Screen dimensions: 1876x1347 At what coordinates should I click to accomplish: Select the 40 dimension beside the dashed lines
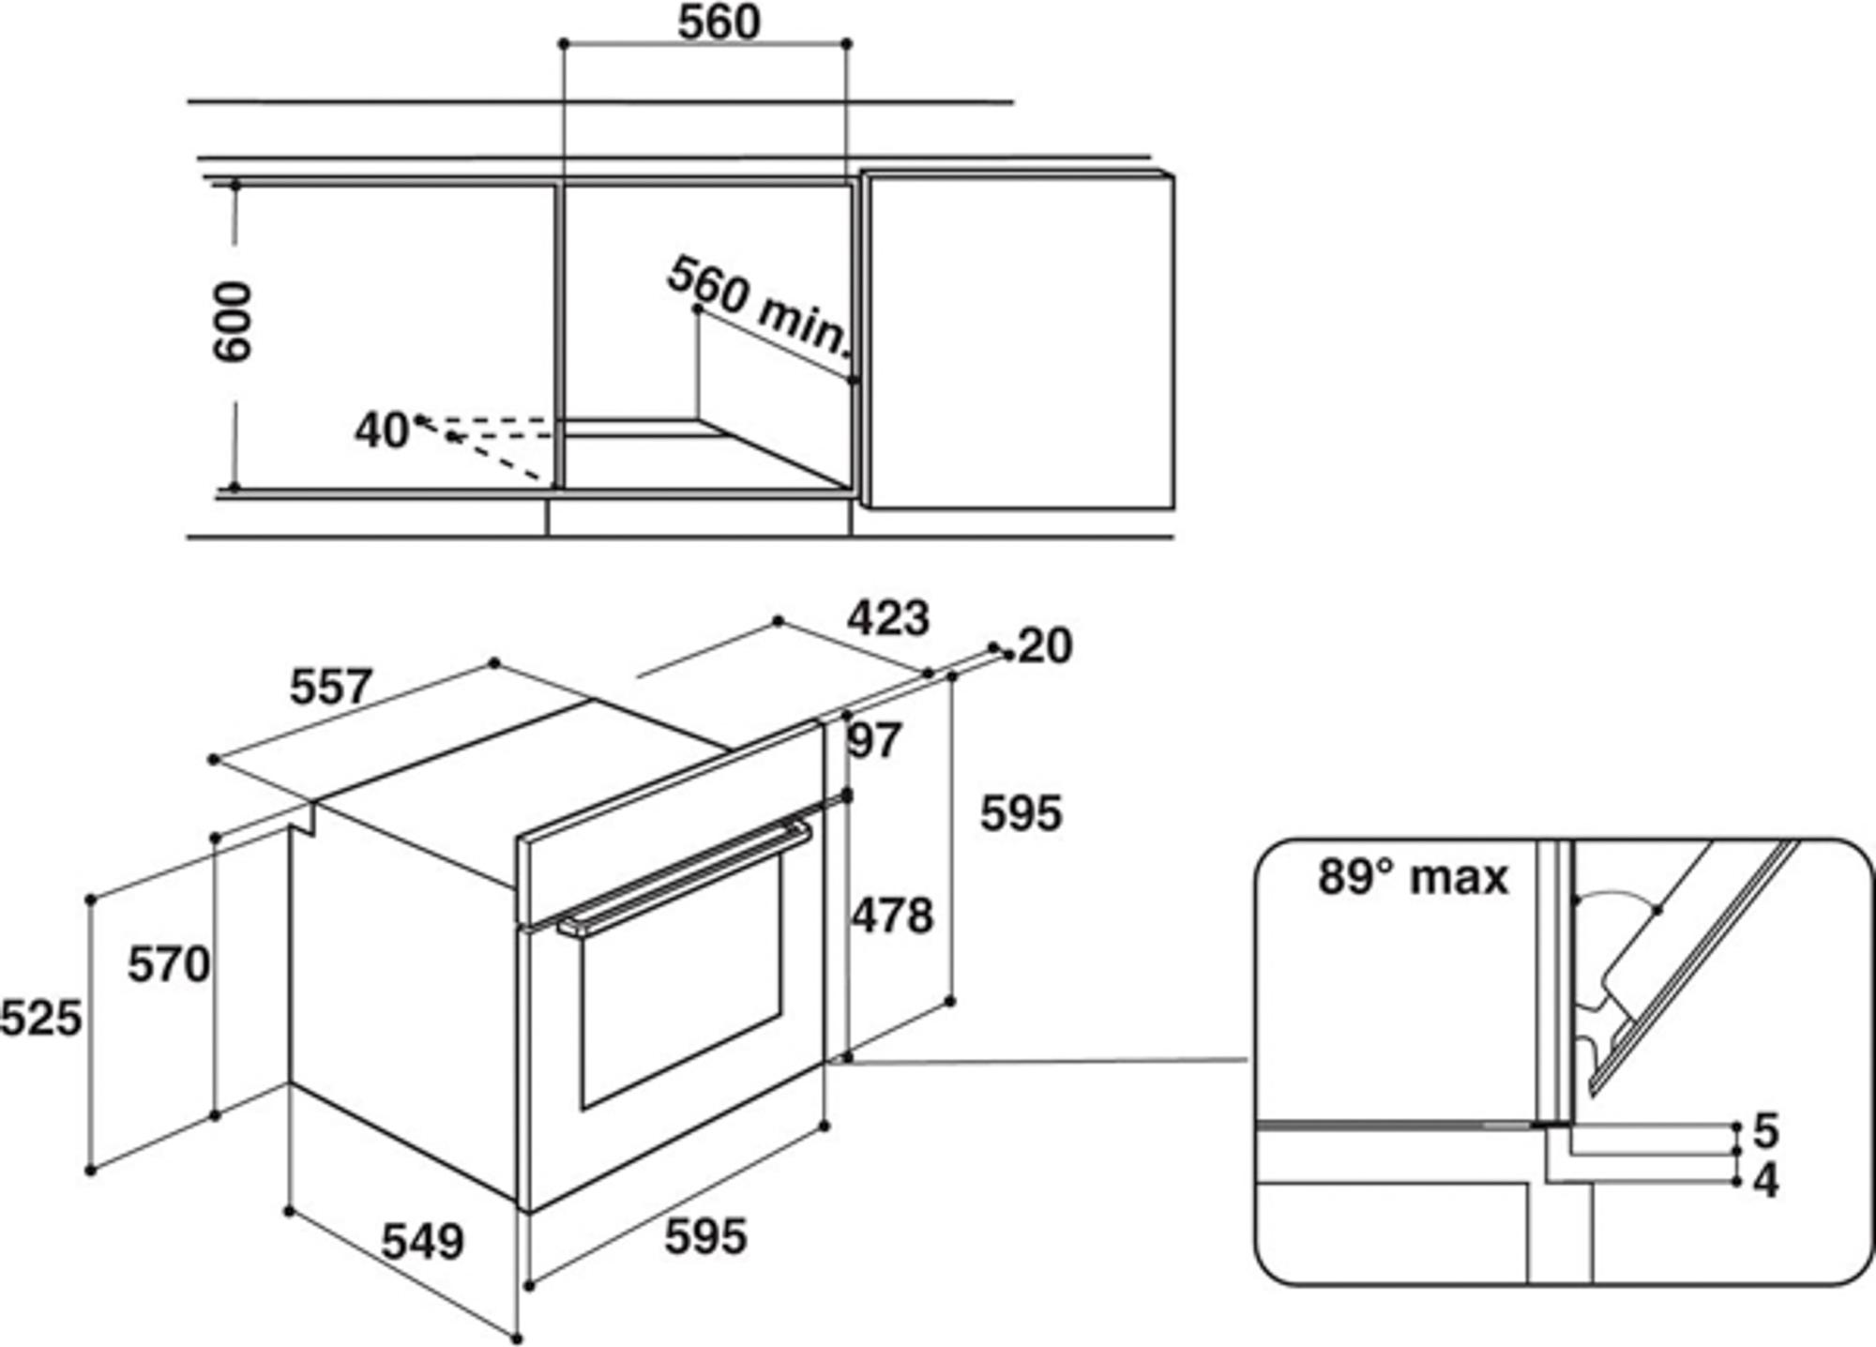point(381,431)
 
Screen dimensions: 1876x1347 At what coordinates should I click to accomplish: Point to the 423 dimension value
point(888,618)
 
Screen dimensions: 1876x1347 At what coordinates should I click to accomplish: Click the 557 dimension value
point(331,687)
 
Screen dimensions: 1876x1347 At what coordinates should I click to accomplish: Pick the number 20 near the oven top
point(1044,646)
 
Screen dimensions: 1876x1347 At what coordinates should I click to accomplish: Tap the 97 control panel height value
point(874,740)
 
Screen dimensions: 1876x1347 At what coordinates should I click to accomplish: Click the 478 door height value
point(892,916)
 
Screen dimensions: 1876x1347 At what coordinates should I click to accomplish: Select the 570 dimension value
point(169,964)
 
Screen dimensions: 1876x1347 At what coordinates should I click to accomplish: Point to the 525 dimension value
point(41,1018)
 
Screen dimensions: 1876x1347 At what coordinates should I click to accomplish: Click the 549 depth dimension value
point(423,1242)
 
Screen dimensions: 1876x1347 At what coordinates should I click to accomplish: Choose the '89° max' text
point(1414,877)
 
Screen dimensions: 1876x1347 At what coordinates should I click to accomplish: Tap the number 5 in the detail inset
point(1766,1131)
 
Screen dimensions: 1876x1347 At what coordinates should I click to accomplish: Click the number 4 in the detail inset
point(1766,1182)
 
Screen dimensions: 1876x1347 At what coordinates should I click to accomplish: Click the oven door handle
point(685,879)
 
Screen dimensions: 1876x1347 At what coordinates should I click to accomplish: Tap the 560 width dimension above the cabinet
point(719,23)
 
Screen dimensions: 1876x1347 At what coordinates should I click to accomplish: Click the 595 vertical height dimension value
point(1021,813)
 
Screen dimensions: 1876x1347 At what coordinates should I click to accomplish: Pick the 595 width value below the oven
point(706,1236)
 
